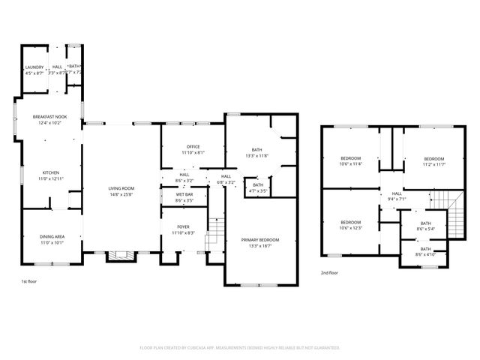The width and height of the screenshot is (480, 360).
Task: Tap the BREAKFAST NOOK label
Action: point(50,117)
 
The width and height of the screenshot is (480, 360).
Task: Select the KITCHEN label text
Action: point(50,172)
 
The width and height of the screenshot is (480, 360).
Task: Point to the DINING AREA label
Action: point(52,237)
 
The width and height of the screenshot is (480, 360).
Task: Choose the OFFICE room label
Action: point(193,147)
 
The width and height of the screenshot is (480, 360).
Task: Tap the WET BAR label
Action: point(184,195)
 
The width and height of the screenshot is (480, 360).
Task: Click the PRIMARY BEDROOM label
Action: point(256,240)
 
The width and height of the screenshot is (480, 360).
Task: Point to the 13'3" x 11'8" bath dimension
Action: point(256,155)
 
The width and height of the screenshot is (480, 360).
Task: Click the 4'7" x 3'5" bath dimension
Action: point(257,190)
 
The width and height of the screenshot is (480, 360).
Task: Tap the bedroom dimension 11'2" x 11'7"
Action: point(433,163)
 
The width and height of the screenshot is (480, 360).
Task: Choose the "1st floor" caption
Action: point(28,281)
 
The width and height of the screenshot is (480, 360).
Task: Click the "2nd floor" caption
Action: point(329,273)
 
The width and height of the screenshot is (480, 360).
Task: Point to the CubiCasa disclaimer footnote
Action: point(240,347)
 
